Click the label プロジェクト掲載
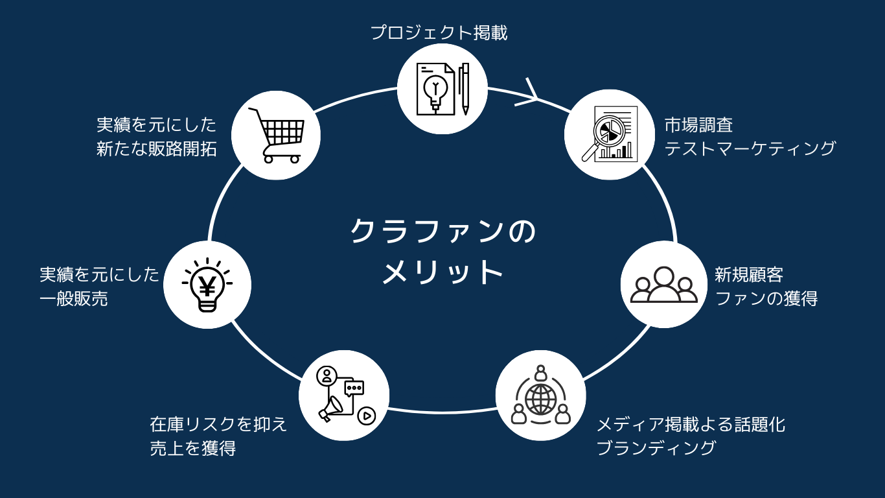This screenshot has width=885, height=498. point(439,32)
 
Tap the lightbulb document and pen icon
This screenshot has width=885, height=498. point(442,89)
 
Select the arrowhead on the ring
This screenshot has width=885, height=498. point(527,93)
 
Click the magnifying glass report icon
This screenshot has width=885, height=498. point(610,134)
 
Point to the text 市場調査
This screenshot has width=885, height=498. point(698,125)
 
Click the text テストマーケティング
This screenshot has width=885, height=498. point(750,148)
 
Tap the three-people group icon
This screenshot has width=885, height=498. point(663,285)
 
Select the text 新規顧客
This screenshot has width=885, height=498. point(749,274)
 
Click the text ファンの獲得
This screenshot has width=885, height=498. point(766,298)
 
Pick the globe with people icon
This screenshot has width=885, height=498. point(540,395)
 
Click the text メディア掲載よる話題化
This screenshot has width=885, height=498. point(691,425)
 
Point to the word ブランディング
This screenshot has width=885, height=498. point(656,448)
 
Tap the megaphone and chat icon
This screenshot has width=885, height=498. point(345,395)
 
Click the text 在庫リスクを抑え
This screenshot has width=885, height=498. point(218,425)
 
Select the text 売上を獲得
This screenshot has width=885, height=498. point(193,448)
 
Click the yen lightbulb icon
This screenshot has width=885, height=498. point(207,285)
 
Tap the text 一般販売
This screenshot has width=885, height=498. point(73,298)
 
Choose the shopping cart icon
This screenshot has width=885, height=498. point(277,136)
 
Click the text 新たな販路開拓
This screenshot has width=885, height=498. point(156,148)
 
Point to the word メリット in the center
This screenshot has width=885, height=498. point(442,272)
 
